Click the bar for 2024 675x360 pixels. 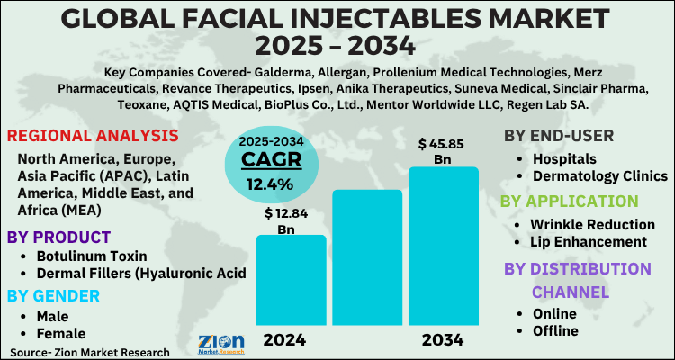(291, 281)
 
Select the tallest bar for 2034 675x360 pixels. (443, 247)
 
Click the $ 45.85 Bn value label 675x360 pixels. (443, 151)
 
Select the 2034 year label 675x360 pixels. (442, 340)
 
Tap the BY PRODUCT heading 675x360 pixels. (59, 238)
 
